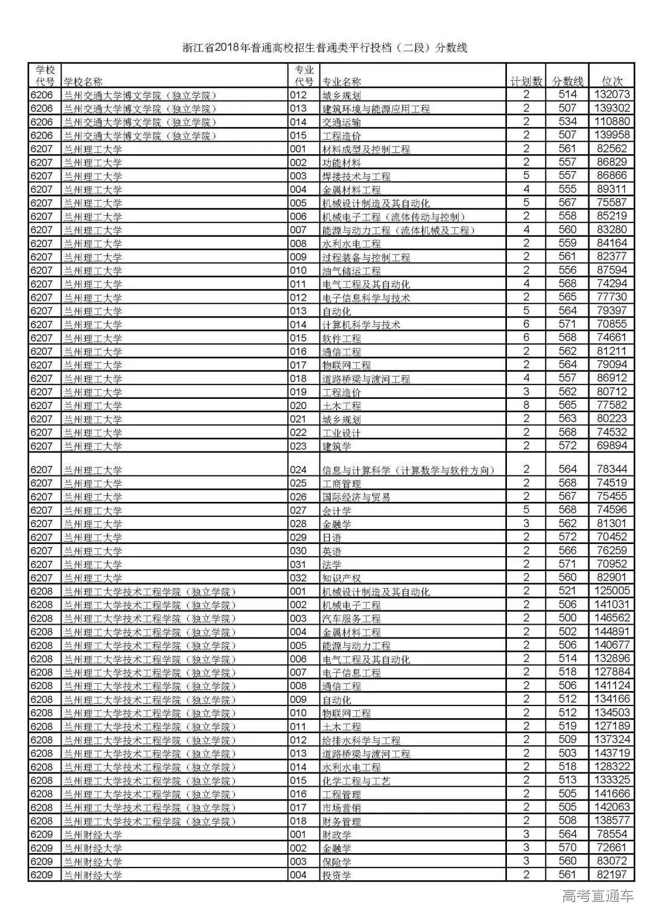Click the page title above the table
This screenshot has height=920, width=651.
pos(325,48)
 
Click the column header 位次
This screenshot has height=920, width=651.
pos(612,81)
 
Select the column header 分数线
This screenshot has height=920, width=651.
pos(567,81)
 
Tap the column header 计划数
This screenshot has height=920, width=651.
pos(526,81)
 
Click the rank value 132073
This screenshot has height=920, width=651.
pos(612,95)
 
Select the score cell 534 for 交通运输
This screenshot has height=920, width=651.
pos(567,122)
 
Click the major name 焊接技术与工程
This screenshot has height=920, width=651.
pos(356,176)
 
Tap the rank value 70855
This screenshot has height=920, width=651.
pos(612,324)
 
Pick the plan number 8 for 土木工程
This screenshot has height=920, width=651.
pos(526,405)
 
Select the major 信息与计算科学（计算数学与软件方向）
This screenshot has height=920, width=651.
pos(412,470)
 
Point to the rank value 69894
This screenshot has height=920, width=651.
pos(612,446)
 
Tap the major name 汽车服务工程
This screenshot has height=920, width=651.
pos(351,619)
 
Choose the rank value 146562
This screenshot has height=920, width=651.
pos(612,618)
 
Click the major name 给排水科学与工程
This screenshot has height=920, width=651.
pos(361,740)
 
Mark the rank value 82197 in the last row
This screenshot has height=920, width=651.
pos(612,875)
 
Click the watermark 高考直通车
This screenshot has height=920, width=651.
pos(597,897)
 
